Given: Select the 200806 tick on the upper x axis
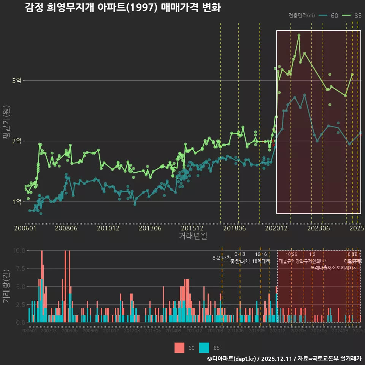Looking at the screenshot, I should tap(66, 229).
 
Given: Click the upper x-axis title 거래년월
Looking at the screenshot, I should tap(193, 236).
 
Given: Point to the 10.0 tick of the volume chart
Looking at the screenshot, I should tap(19, 251).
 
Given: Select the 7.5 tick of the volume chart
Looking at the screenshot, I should tap(20, 268).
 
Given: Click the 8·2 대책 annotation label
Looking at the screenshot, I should tap(222, 258).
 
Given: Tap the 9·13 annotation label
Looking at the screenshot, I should tap(240, 254).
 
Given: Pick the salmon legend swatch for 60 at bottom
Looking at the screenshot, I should tap(179, 348).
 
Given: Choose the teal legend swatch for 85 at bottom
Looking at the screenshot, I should tap(205, 348).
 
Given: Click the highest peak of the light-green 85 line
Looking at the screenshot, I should tap(299, 35).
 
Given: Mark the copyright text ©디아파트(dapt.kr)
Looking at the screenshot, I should tap(232, 359).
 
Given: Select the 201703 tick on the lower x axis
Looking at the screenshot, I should tap(216, 331).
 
